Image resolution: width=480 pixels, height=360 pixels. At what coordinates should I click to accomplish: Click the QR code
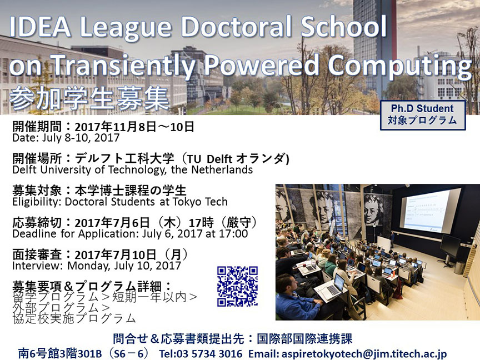pyautogui.click(x=238, y=286)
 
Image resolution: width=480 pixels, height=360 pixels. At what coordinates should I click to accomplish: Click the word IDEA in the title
pyautogui.click(x=40, y=27)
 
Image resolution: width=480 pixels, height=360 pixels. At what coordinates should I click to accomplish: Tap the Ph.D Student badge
pyautogui.click(x=423, y=115)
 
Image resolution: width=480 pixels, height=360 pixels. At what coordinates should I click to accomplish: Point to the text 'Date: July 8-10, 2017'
pyautogui.click(x=66, y=138)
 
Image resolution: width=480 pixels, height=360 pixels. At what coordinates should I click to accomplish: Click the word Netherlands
pyautogui.click(x=222, y=169)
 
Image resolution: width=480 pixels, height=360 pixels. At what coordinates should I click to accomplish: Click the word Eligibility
pyautogui.click(x=37, y=202)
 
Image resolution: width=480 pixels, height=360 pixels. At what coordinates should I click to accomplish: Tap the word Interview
pyautogui.click(x=37, y=266)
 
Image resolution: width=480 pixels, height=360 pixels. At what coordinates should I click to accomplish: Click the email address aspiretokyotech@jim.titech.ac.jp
pyautogui.click(x=364, y=354)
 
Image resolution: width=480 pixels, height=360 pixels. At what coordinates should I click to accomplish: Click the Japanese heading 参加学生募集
pyautogui.click(x=89, y=98)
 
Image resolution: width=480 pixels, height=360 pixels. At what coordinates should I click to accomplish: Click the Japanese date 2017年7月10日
pyautogui.click(x=116, y=254)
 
